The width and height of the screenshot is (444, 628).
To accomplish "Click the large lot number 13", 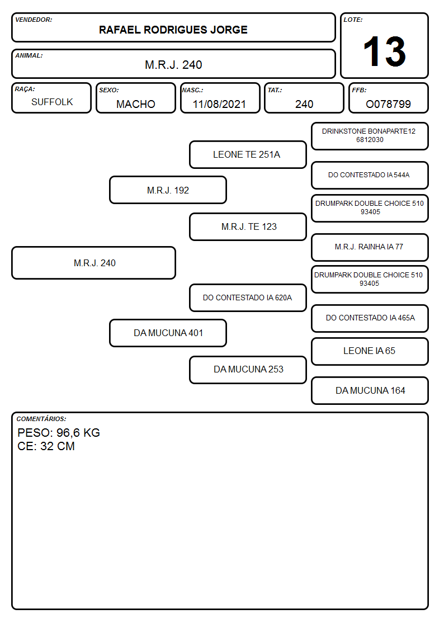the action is [x=384, y=51].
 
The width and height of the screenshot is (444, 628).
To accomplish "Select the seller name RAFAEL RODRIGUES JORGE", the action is [x=173, y=30].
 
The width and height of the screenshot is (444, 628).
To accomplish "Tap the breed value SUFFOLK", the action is [x=52, y=102].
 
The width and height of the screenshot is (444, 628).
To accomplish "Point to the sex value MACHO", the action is [x=136, y=104].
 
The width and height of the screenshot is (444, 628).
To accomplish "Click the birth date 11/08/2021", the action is [x=219, y=104].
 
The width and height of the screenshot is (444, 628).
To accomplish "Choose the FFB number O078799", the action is [x=388, y=104].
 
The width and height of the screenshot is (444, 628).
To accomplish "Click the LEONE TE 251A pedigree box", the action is [x=248, y=154].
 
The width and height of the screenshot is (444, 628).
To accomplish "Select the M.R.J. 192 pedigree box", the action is [x=168, y=190].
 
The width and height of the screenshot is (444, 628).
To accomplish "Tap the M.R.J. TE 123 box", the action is [x=248, y=226].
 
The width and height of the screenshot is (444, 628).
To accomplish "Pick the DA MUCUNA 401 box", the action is [x=168, y=333].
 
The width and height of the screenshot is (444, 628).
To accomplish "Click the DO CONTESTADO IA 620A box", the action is [x=248, y=298].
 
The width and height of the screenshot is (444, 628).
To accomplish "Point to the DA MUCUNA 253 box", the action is [x=248, y=370].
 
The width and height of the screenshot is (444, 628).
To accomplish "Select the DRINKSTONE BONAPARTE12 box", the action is [x=370, y=136].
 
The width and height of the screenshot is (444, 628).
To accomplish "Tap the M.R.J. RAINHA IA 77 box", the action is [x=370, y=248].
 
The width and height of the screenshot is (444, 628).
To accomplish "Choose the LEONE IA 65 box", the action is [x=370, y=351].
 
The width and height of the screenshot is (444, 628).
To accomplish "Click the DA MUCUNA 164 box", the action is [x=370, y=390].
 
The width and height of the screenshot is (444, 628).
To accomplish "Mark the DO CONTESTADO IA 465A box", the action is [x=370, y=318].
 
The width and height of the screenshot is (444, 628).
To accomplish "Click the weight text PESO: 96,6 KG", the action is [x=59, y=432].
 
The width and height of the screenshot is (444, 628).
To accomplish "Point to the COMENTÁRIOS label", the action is [x=41, y=419].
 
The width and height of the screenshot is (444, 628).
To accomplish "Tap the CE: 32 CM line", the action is [x=46, y=446].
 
